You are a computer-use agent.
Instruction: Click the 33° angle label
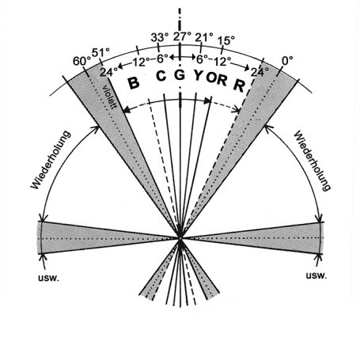click(x=158, y=38)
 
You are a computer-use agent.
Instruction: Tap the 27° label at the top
click(x=182, y=36)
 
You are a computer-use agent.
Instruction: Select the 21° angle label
click(x=204, y=38)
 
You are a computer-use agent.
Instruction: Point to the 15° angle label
click(x=226, y=40)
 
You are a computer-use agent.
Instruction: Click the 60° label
click(x=82, y=62)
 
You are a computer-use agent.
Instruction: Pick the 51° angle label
click(x=100, y=52)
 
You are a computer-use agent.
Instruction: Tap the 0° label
click(x=288, y=61)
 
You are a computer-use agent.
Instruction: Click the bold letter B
click(x=134, y=83)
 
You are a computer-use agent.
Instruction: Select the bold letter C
click(x=161, y=76)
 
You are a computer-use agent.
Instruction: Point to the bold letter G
click(x=180, y=75)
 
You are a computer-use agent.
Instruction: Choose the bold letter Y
click(x=199, y=76)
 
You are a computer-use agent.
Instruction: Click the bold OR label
click(x=216, y=78)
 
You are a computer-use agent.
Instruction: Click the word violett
click(x=108, y=97)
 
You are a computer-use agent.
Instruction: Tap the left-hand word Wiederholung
click(x=51, y=160)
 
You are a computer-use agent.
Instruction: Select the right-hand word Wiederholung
click(x=313, y=161)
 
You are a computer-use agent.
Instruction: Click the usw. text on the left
click(x=49, y=279)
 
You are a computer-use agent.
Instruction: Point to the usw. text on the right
click(x=316, y=275)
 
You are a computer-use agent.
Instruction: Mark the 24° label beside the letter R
click(x=260, y=72)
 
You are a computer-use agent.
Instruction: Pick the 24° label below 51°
click(x=108, y=71)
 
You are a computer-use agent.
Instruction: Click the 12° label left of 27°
click(x=141, y=63)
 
